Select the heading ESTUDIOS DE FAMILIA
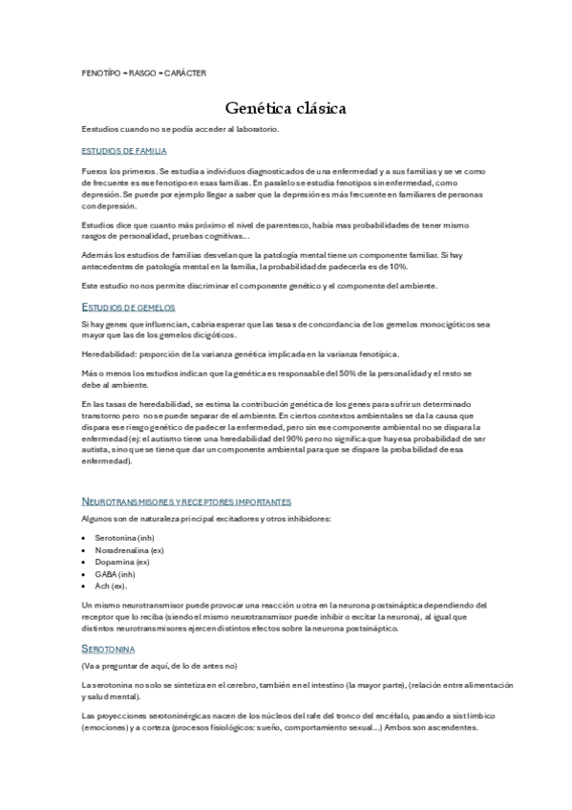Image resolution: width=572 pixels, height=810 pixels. coord(124,151)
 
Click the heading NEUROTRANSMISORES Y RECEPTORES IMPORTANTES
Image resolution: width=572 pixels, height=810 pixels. coord(186,501)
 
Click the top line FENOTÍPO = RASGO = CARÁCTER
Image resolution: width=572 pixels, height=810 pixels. coord(144,73)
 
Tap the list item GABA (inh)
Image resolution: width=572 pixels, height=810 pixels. coord(118,574)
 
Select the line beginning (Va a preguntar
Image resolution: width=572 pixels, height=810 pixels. coord(159,665)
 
